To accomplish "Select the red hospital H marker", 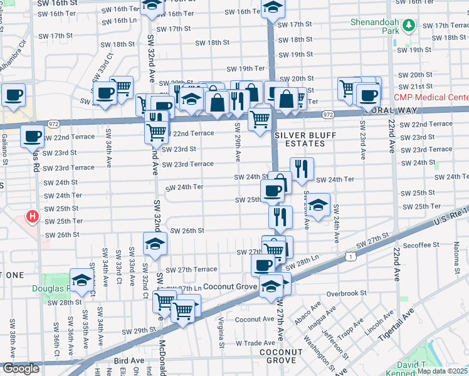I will pyautogui.click(x=32, y=217).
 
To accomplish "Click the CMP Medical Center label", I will pyautogui.click(x=431, y=97).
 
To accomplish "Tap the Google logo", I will pyautogui.click(x=21, y=368).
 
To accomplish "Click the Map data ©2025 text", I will pyautogui.click(x=443, y=371).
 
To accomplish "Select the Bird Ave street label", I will pyautogui.click(x=129, y=361).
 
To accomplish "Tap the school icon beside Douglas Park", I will pyautogui.click(x=82, y=281).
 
